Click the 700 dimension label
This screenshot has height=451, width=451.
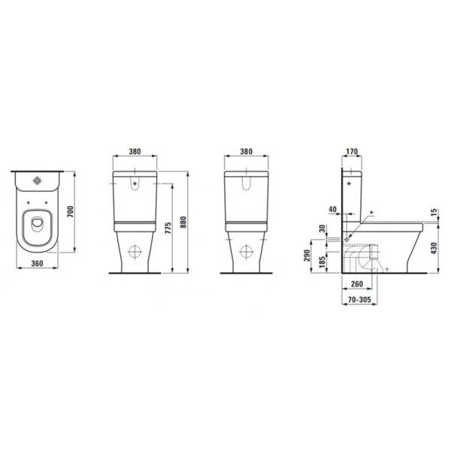pos(71,212)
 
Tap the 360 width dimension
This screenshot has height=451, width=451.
pos(37,263)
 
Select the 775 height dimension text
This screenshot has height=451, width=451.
pos(168,228)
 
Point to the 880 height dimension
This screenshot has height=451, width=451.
pos(183,222)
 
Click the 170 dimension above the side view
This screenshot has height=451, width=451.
pos(352,151)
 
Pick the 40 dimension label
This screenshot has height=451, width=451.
pos(332,209)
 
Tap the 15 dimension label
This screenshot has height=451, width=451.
pos(434,212)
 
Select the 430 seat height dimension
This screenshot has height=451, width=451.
pos(434,248)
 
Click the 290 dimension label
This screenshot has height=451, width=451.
pos(307,256)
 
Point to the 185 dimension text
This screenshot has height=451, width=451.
pos(322,262)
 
